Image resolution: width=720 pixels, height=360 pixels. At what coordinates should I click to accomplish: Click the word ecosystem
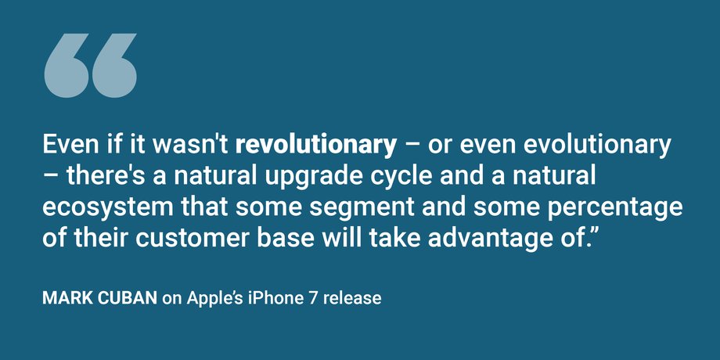107,208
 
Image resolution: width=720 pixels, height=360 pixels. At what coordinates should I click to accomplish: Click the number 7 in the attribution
311,298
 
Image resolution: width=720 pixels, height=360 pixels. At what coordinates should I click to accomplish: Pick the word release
351,298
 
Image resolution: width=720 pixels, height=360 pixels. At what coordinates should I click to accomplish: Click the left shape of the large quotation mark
66,65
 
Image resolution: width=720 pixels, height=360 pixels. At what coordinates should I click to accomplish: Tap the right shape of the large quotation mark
114,65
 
